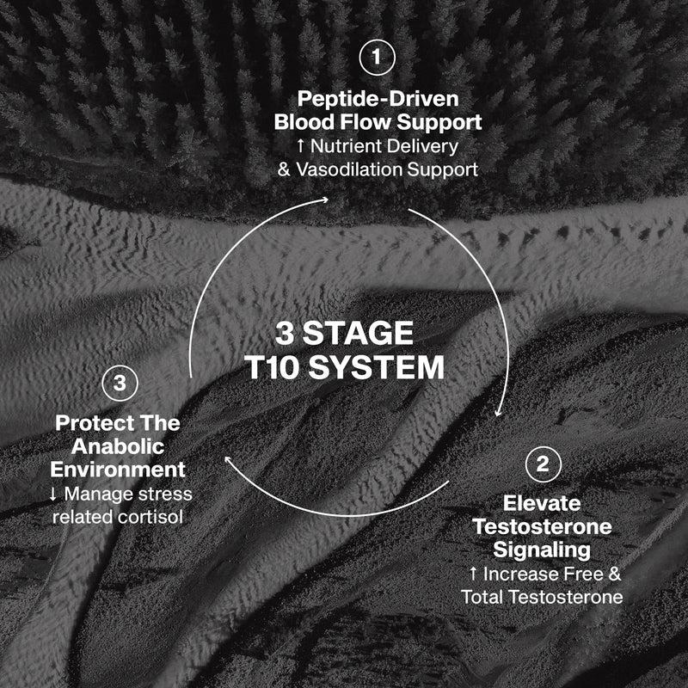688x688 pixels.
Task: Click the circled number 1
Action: pyautogui.click(x=377, y=58)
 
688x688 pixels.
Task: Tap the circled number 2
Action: pyautogui.click(x=544, y=464)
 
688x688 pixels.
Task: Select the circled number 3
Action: pyautogui.click(x=120, y=383)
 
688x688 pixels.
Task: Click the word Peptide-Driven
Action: pyautogui.click(x=378, y=99)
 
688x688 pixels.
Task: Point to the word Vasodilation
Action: pyautogui.click(x=349, y=169)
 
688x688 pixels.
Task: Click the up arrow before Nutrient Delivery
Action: pyautogui.click(x=300, y=146)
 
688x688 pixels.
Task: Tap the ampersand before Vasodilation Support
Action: pyautogui.click(x=284, y=169)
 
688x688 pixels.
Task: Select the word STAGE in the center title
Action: pyautogui.click(x=358, y=333)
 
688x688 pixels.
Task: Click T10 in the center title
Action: pyautogui.click(x=271, y=367)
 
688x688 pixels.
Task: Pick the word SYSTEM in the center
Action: pyautogui.click(x=377, y=367)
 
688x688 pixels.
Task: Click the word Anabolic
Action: pyautogui.click(x=118, y=446)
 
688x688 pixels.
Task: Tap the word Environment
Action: pyautogui.click(x=118, y=470)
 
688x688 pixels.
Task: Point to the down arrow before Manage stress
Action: pyautogui.click(x=53, y=494)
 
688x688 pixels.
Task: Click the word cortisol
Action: pyautogui.click(x=150, y=517)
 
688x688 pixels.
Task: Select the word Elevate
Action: pyautogui.click(x=542, y=503)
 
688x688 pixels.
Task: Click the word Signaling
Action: pyautogui.click(x=542, y=550)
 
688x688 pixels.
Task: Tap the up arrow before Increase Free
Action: pyautogui.click(x=473, y=574)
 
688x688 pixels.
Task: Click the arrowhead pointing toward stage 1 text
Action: pyautogui.click(x=325, y=200)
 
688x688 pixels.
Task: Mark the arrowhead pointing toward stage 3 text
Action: pyautogui.click(x=229, y=459)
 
